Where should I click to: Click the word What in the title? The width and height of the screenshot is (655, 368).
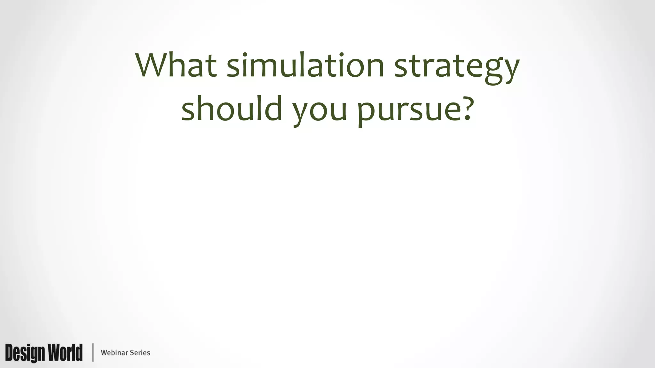tap(176, 65)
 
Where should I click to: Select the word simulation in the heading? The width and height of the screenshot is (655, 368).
tap(305, 65)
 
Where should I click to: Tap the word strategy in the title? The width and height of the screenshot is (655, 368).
tap(457, 67)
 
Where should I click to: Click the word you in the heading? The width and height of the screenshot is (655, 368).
tap(320, 110)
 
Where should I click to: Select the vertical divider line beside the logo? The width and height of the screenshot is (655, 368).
tap(93, 352)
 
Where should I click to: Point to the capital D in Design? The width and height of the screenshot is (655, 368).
tap(10, 353)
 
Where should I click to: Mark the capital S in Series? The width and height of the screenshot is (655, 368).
tap(131, 353)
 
